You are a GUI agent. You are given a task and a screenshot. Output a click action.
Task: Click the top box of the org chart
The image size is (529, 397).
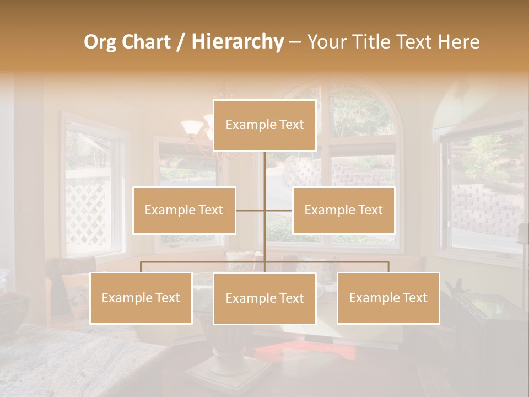click(264, 125)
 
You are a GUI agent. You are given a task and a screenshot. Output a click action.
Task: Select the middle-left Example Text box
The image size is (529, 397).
click(184, 210)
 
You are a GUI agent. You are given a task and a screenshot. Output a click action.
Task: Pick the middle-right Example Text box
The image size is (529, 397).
click(343, 210)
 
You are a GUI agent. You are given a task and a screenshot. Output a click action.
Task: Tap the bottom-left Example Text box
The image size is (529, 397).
click(141, 298)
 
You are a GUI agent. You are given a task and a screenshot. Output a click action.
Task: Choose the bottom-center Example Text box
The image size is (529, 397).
click(264, 298)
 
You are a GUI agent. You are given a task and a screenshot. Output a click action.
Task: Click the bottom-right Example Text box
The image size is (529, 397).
click(388, 298)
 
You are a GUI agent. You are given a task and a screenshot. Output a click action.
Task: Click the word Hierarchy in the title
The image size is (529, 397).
click(237, 42)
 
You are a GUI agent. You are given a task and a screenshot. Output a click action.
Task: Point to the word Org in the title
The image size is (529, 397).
click(100, 42)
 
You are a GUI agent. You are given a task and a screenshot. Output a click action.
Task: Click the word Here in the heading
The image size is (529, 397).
click(458, 42)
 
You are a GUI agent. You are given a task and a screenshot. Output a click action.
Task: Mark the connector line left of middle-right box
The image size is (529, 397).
click(279, 210)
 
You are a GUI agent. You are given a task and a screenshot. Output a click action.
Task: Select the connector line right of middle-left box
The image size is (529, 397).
click(250, 210)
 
